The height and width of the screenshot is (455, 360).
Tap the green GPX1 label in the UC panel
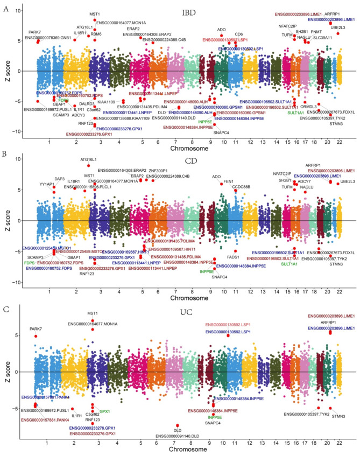(x=105, y=396)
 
